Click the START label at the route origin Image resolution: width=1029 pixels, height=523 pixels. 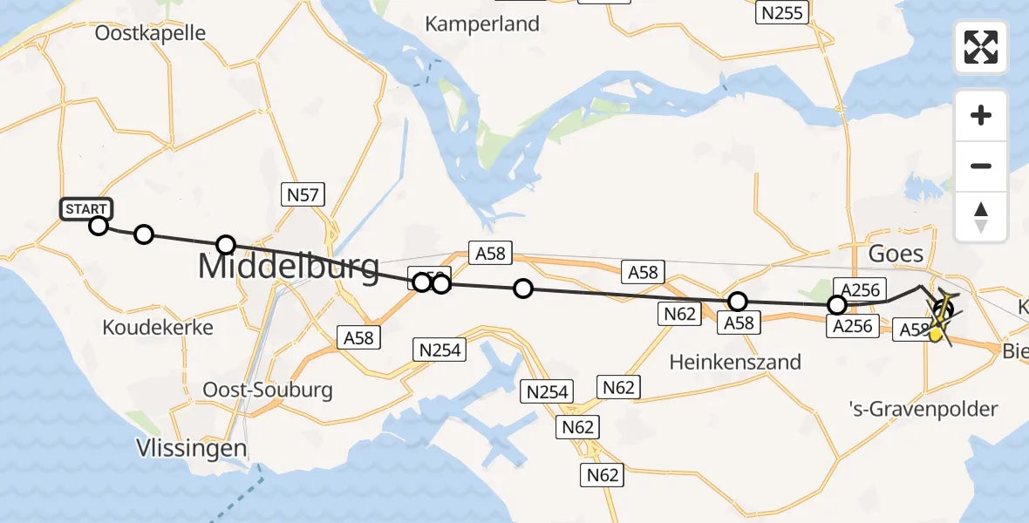pos(86,209)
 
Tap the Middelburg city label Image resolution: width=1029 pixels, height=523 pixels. pos(289,265)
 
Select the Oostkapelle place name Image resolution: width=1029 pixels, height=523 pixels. pos(150,34)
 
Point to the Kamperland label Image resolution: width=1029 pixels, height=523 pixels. pos(482,24)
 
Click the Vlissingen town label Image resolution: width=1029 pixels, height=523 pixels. pos(191,449)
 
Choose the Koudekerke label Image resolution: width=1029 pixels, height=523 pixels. pos(158,328)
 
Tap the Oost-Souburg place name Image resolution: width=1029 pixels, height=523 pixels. pos(267,389)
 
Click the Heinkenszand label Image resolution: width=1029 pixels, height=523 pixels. pos(735,361)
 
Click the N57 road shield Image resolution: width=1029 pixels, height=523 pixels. pos(303,194)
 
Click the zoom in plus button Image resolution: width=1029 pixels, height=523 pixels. pos(981,115)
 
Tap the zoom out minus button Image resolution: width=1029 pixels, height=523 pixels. pos(981,166)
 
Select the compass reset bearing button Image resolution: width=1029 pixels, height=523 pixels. pos(981,217)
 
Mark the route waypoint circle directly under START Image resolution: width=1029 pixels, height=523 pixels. pos(99,227)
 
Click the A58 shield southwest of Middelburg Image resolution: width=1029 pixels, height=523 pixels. pos(359,337)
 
